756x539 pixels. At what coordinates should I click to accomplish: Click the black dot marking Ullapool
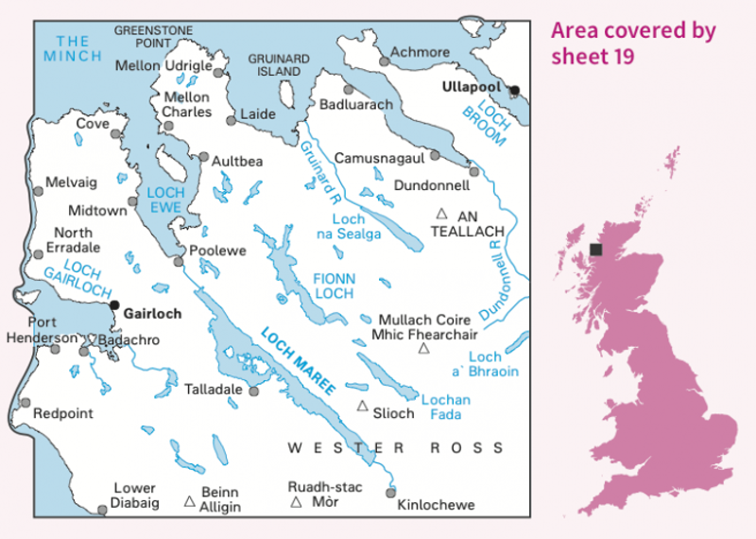[515, 91]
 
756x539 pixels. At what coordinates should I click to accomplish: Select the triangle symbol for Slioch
[362, 407]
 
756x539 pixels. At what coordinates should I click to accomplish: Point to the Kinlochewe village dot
[390, 492]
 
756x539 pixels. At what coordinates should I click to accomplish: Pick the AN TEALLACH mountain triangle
[440, 215]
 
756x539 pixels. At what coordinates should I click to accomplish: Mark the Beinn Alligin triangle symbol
[189, 501]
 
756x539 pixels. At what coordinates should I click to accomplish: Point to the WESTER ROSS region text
[396, 448]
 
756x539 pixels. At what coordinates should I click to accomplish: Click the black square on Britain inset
[596, 250]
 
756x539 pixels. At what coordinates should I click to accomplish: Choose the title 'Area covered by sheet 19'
[633, 43]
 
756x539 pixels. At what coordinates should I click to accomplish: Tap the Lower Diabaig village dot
[102, 511]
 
